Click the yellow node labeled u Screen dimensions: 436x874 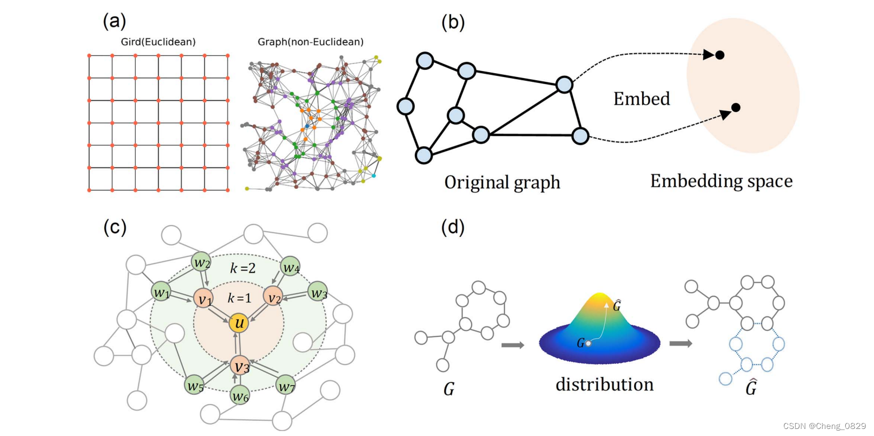point(238,323)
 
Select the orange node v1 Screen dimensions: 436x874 point(204,298)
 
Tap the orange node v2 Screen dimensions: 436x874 point(274,297)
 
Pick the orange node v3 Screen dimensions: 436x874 point(240,366)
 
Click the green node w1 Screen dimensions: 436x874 point(161,292)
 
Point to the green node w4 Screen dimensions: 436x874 point(290,267)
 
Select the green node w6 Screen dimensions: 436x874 point(240,395)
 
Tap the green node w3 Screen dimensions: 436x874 point(318,292)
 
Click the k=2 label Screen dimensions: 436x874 point(243,268)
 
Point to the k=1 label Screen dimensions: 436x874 point(239,298)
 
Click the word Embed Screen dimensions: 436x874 point(642,99)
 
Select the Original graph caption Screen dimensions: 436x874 point(502,182)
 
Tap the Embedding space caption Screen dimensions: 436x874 point(721,181)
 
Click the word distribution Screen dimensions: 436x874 point(604,384)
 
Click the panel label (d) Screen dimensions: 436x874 point(453,227)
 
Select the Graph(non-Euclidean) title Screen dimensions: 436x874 point(311,42)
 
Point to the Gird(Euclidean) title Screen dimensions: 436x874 point(158,42)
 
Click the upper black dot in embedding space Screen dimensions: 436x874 point(720,55)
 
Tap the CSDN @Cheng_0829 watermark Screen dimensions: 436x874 point(825,426)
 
